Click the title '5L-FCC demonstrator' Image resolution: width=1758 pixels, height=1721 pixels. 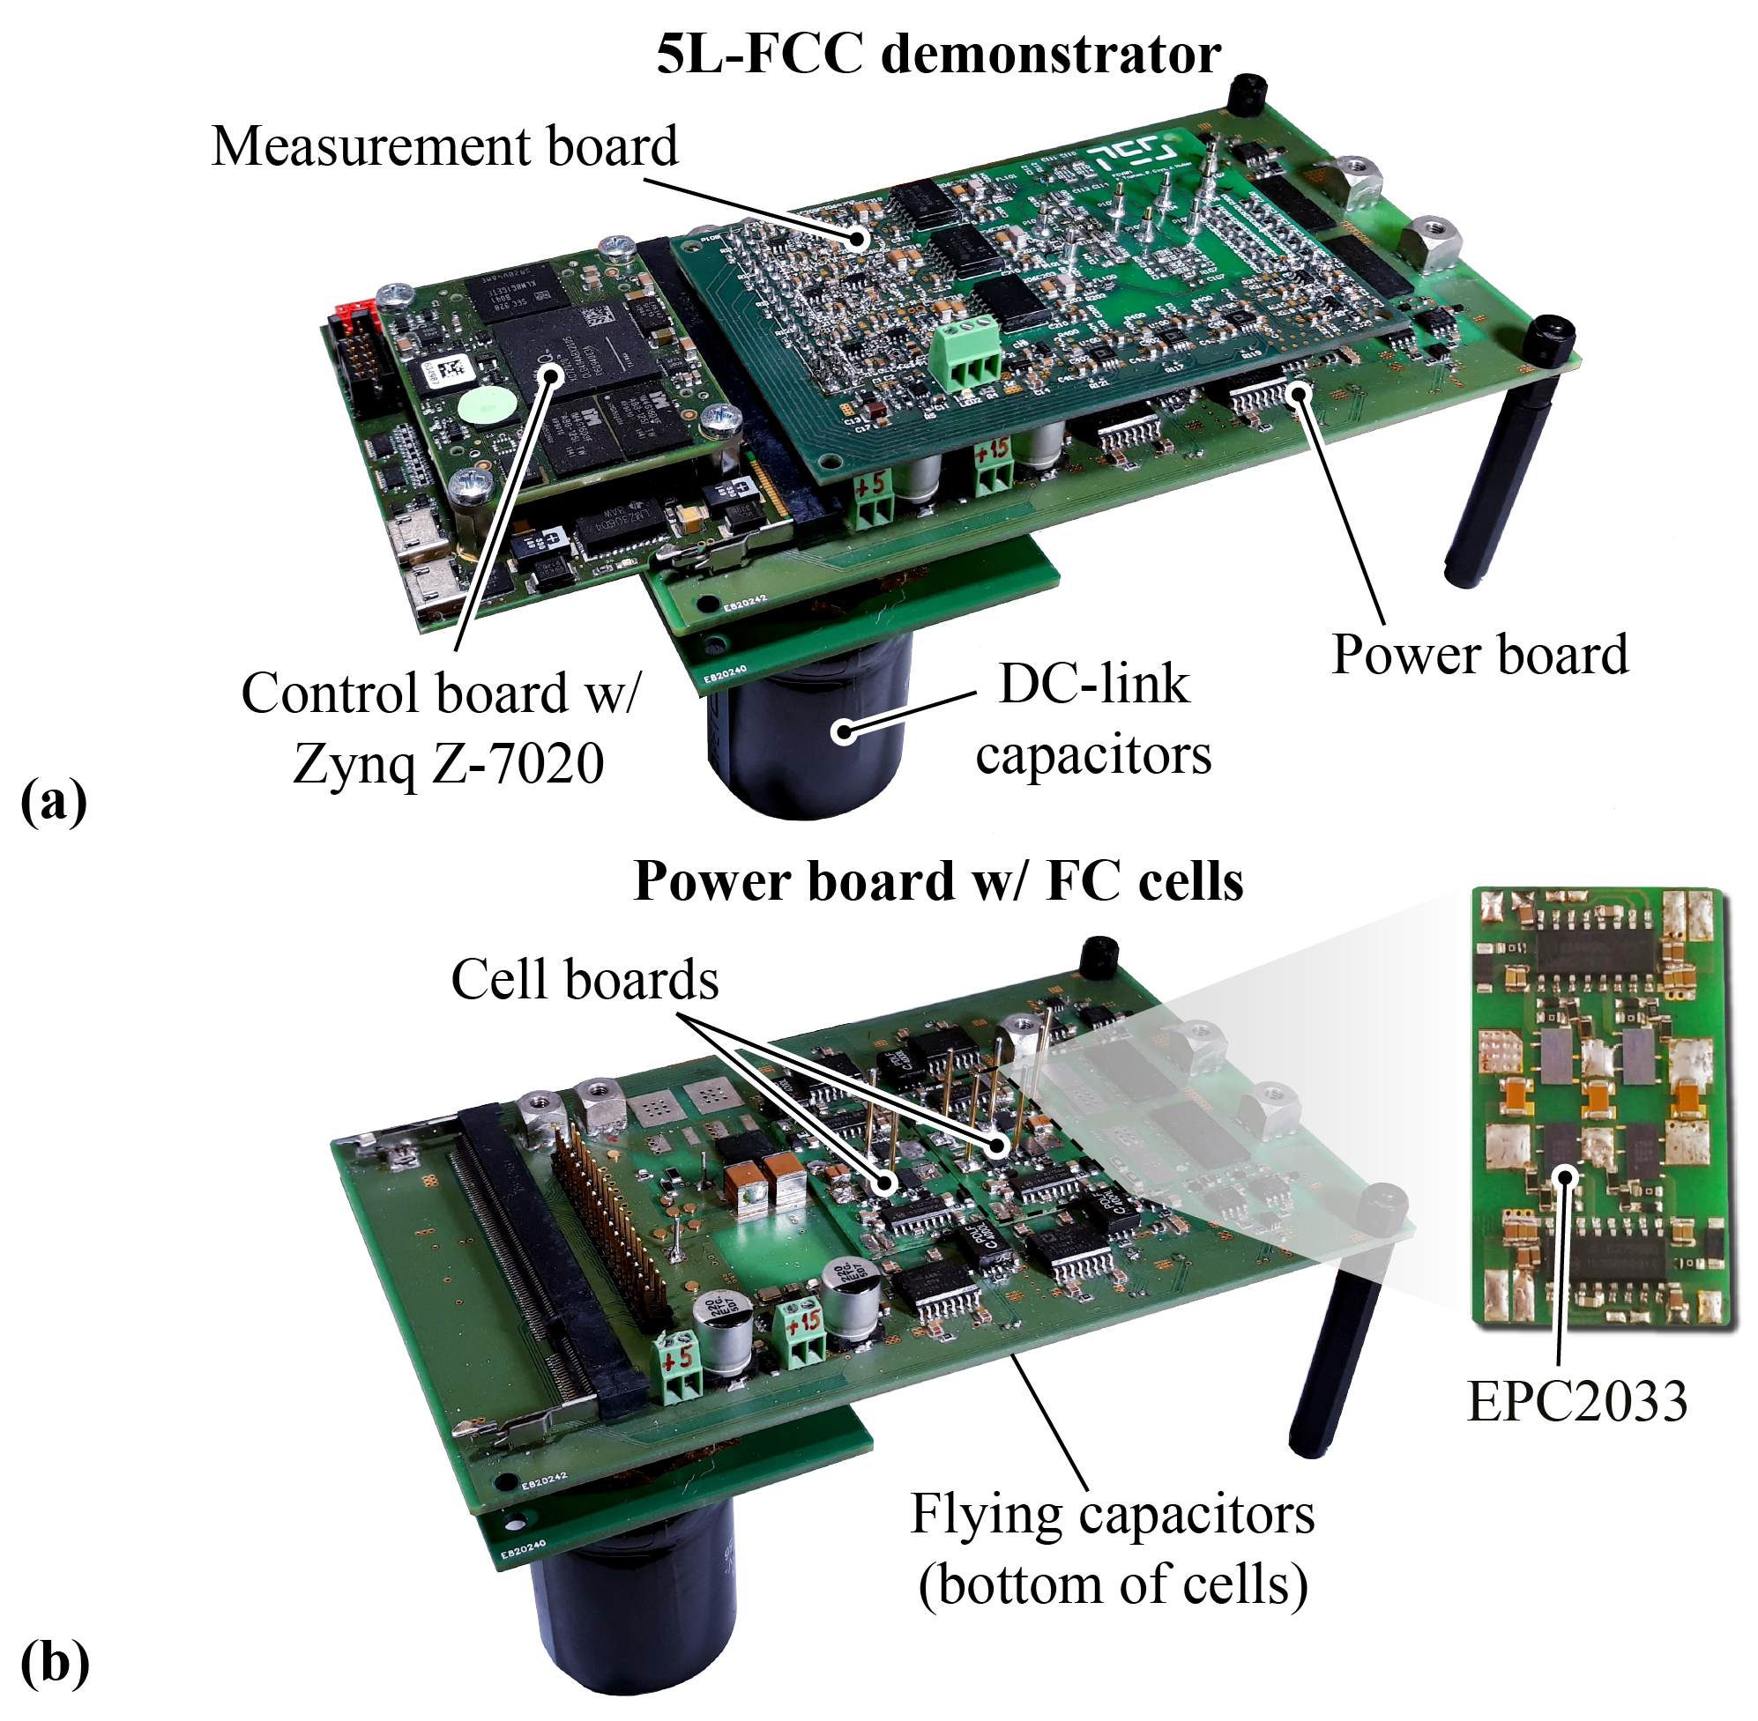(938, 56)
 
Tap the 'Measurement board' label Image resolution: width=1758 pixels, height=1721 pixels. (444, 146)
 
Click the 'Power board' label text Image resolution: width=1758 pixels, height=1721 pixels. (1479, 655)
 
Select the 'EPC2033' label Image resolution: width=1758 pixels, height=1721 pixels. (1576, 1402)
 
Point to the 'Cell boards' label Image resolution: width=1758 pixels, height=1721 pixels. (585, 980)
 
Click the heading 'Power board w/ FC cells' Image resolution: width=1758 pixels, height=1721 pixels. (938, 881)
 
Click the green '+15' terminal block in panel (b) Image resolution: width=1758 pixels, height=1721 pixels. (801, 1335)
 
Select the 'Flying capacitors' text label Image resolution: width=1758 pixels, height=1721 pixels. (1112, 1515)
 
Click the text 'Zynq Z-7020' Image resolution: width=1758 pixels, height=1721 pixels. (449, 764)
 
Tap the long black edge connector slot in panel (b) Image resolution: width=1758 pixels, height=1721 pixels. (533, 1248)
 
